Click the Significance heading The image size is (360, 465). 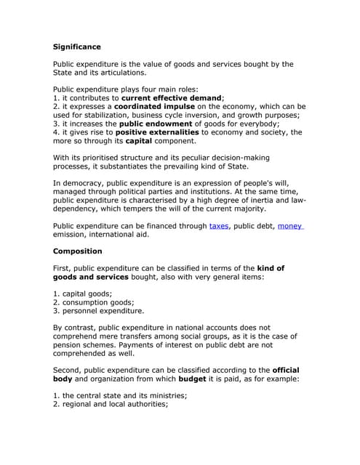click(76, 46)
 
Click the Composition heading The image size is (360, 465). click(78, 251)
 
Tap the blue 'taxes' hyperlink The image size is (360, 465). click(218, 226)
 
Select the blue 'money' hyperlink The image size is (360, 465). click(290, 226)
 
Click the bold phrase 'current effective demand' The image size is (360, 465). click(172, 97)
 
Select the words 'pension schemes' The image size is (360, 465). click(87, 344)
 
